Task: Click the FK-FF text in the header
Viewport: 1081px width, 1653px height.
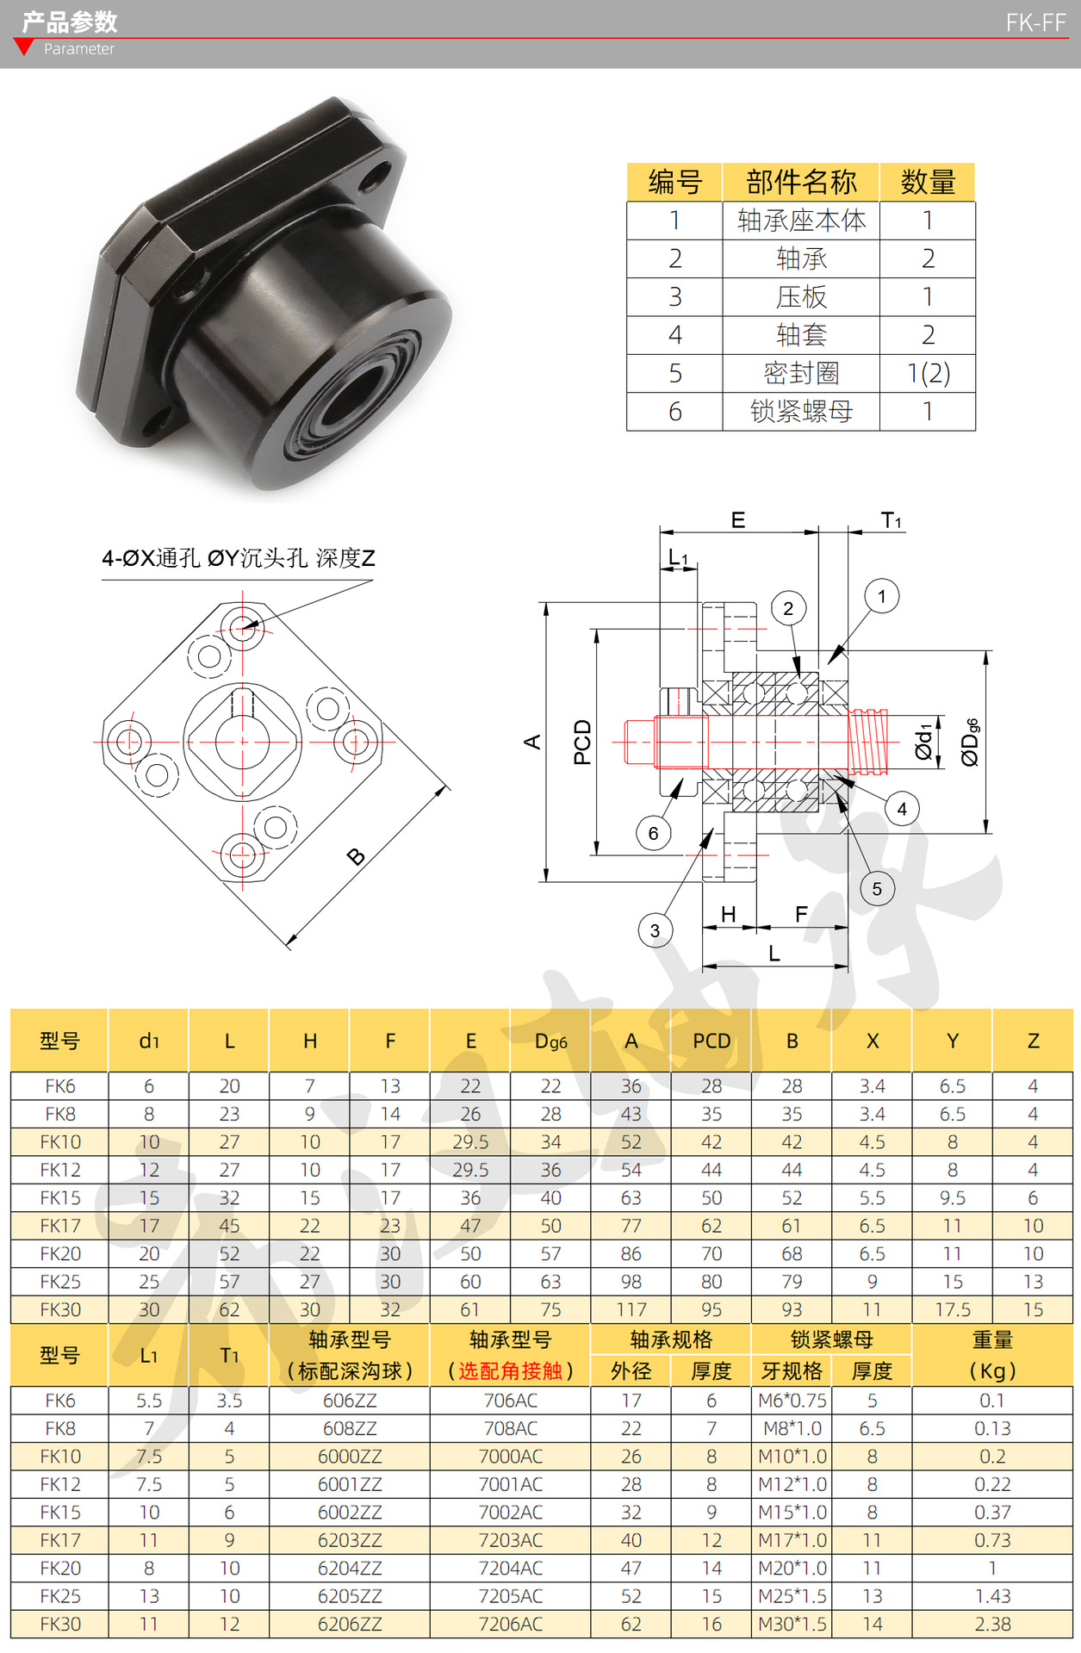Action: coord(1035,23)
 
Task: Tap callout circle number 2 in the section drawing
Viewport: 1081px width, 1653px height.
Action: coord(788,609)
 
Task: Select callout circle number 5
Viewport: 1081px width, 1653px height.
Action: coord(877,889)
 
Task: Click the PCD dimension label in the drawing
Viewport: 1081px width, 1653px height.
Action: coord(583,742)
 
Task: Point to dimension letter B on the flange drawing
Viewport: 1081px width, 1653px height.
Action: coord(356,856)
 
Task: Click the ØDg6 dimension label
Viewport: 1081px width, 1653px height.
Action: coord(971,742)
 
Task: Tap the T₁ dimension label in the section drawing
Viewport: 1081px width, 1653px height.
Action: coord(891,520)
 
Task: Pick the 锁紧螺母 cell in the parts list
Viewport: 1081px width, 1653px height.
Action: coord(801,412)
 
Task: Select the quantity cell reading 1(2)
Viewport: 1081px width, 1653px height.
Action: coord(928,373)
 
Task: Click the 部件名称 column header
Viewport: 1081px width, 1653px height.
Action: coord(801,182)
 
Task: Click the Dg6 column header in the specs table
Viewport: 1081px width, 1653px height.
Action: coord(550,1041)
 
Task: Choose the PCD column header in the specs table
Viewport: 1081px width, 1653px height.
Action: coord(711,1041)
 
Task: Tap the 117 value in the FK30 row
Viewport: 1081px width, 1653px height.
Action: coord(631,1309)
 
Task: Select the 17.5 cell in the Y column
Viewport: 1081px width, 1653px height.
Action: coord(953,1309)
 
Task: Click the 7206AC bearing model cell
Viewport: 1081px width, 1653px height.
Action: coord(511,1624)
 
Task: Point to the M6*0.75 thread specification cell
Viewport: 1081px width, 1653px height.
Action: coord(792,1401)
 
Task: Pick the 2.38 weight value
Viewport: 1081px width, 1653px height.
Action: coord(992,1624)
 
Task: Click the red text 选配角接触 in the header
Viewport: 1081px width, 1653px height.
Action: coord(511,1370)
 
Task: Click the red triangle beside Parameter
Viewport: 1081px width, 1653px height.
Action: coord(25,47)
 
